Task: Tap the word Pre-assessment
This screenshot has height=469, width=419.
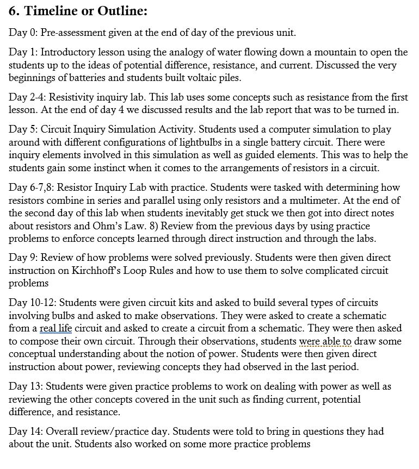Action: point(73,33)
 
